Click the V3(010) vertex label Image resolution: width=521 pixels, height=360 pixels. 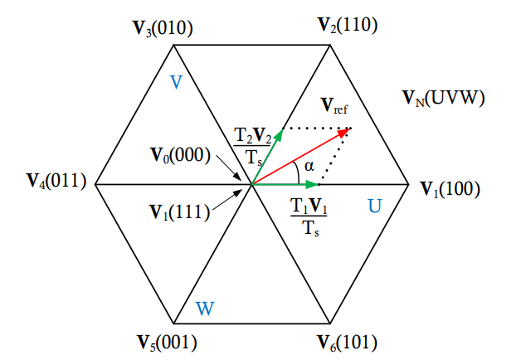[x=163, y=30]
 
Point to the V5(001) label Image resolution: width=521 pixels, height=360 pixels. [x=166, y=342]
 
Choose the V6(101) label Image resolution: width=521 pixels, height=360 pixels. [x=348, y=342]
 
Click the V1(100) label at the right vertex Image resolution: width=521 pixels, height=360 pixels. [x=450, y=188]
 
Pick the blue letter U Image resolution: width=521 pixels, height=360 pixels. [x=375, y=205]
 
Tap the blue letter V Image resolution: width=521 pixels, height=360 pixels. [x=176, y=82]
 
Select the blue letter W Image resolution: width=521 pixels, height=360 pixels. [x=205, y=309]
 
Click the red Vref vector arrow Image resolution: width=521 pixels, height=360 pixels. [x=300, y=157]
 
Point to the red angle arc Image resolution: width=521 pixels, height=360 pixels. [x=297, y=173]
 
